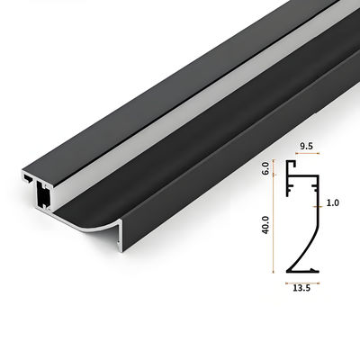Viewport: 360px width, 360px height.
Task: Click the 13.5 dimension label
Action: coord(302,289)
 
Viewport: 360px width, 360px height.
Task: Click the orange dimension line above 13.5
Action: coord(302,280)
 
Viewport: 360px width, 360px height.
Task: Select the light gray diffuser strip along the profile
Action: coord(180,135)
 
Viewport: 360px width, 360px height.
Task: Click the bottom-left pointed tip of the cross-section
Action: coord(287,270)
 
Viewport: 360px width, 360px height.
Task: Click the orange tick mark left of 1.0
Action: coord(318,204)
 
